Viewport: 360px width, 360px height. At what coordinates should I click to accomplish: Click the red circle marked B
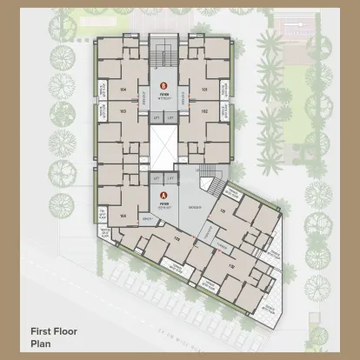(x=163, y=84)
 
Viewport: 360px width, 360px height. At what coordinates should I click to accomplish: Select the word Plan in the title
(x=41, y=343)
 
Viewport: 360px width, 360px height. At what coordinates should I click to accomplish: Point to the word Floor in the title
(x=72, y=331)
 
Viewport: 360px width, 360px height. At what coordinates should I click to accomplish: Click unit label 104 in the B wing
(x=123, y=90)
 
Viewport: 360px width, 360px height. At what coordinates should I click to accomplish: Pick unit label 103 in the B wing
(x=123, y=111)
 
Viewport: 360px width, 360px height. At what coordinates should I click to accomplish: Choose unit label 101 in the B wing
(x=204, y=90)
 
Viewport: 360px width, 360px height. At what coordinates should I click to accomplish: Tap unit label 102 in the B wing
(x=204, y=111)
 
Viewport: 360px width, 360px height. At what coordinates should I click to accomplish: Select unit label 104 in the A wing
(x=123, y=216)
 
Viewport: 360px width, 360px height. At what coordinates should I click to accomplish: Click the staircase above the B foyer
(x=163, y=57)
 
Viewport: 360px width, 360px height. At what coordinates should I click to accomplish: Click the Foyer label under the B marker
(x=163, y=93)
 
